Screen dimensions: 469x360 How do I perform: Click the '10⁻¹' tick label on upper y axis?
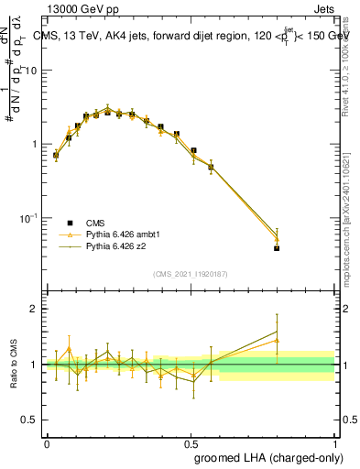coord(29,218)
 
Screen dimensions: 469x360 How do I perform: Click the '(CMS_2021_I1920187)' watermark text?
coord(191,274)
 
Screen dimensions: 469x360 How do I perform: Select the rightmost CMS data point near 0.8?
coord(277,248)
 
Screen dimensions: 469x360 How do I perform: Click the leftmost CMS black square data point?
coord(56,155)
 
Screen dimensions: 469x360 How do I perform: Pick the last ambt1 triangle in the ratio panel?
coord(277,340)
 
